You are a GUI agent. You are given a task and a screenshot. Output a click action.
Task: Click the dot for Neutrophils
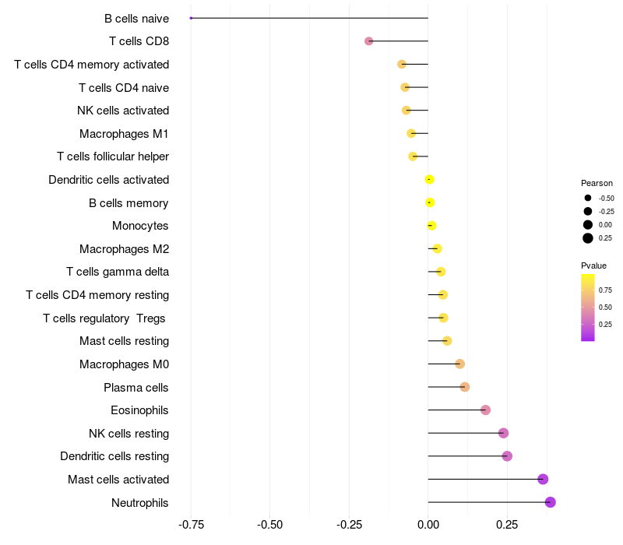tap(551, 502)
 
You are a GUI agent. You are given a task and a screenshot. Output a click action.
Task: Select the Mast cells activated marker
tap(543, 479)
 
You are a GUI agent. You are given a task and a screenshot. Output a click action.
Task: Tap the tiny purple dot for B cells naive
tap(191, 18)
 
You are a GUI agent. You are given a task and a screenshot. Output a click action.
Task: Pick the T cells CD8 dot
tap(369, 41)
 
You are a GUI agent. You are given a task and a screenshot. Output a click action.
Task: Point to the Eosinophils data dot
tap(485, 410)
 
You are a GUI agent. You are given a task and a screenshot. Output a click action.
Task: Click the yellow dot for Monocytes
tap(431, 226)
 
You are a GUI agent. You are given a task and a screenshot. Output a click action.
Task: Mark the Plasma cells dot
tap(465, 387)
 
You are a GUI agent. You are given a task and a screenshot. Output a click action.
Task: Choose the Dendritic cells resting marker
tap(507, 456)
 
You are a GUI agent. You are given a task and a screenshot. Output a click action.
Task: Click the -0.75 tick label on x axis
tap(191, 526)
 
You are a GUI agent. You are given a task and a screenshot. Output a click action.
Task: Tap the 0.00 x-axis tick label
tap(428, 526)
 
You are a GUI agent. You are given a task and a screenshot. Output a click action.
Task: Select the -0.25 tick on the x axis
tap(349, 526)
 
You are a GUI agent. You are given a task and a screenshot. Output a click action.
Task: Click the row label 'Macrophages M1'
tap(124, 134)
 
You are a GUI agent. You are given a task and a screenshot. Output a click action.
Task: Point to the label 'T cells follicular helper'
tap(113, 156)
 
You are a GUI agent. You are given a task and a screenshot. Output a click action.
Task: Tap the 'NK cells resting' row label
tap(128, 433)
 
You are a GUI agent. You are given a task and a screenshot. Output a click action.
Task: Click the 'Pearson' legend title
tap(597, 183)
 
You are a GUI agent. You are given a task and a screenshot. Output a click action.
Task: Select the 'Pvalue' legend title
tap(593, 266)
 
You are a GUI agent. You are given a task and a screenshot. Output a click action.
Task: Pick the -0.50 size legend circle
tap(588, 198)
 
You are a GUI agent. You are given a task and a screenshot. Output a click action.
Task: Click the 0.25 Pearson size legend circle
tap(588, 238)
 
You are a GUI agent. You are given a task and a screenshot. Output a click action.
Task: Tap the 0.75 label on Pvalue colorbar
tap(605, 290)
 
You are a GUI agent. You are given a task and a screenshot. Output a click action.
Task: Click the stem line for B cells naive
tap(311, 18)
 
